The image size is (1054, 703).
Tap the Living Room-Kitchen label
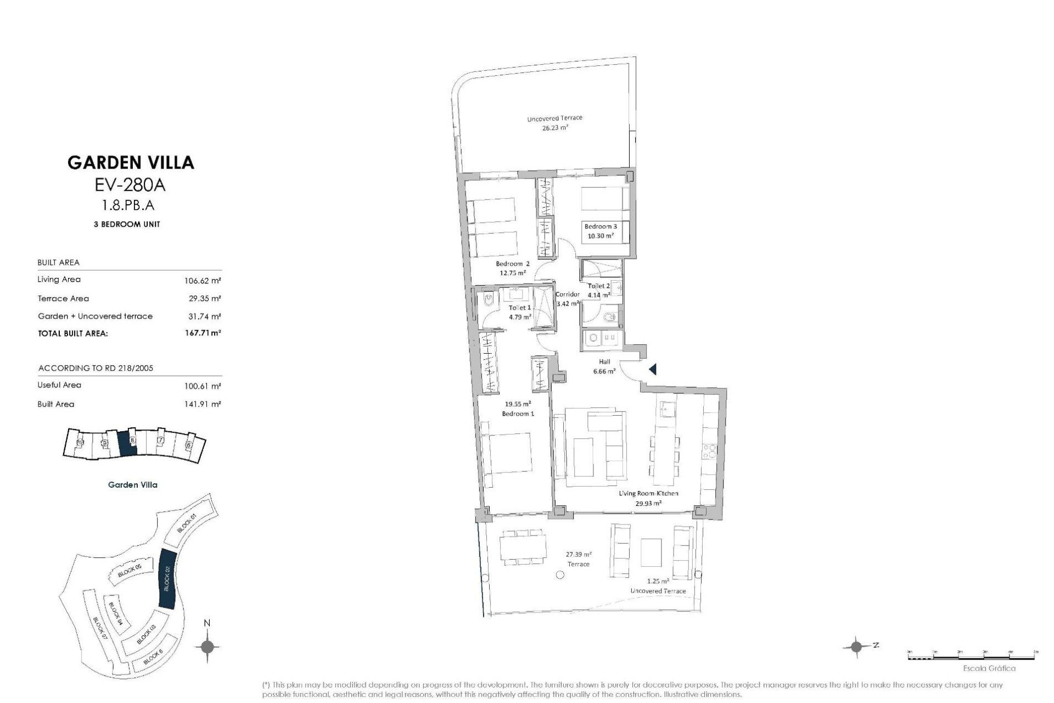tap(648, 493)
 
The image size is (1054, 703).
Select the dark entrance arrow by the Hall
tap(653, 370)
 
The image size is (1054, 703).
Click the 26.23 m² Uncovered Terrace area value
tap(555, 127)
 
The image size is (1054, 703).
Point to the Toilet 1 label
tap(519, 308)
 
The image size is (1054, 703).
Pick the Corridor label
tap(567, 295)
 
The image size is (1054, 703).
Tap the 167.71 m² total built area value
tap(203, 333)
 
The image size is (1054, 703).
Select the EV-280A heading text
tap(130, 186)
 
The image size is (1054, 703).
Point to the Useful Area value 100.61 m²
tap(203, 386)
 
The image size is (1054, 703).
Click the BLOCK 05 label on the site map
tap(130, 571)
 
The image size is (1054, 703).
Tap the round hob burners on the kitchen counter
tap(709, 451)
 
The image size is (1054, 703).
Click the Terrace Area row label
tap(63, 299)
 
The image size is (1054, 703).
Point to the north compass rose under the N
tap(207, 646)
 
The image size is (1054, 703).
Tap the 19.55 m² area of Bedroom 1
tap(518, 404)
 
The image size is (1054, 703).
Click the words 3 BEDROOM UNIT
tap(127, 225)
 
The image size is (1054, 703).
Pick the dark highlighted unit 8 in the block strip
tap(127, 443)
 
